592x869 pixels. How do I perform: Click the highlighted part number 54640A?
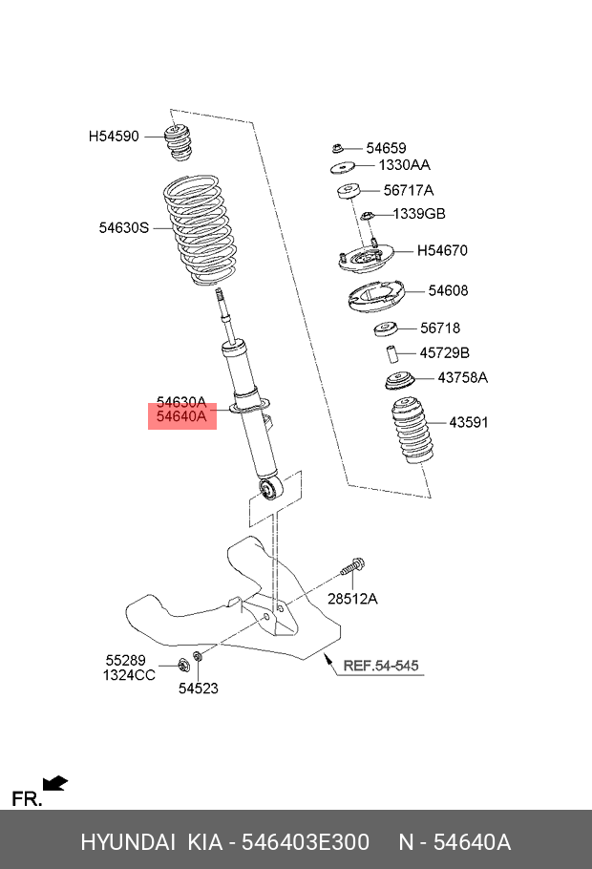[x=181, y=416]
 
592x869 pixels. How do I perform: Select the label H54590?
[x=114, y=137]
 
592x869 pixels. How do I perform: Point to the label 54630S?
[x=124, y=227]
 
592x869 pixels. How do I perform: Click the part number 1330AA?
[x=405, y=166]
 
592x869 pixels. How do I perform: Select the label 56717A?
[x=408, y=190]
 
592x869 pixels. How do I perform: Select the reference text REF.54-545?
[x=380, y=665]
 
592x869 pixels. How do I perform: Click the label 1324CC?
[x=129, y=675]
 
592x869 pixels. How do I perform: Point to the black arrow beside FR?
[x=56, y=784]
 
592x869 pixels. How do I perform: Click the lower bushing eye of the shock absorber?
[x=271, y=490]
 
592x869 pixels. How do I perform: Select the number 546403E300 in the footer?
[x=306, y=842]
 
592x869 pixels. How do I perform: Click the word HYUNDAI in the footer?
[x=127, y=842]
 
